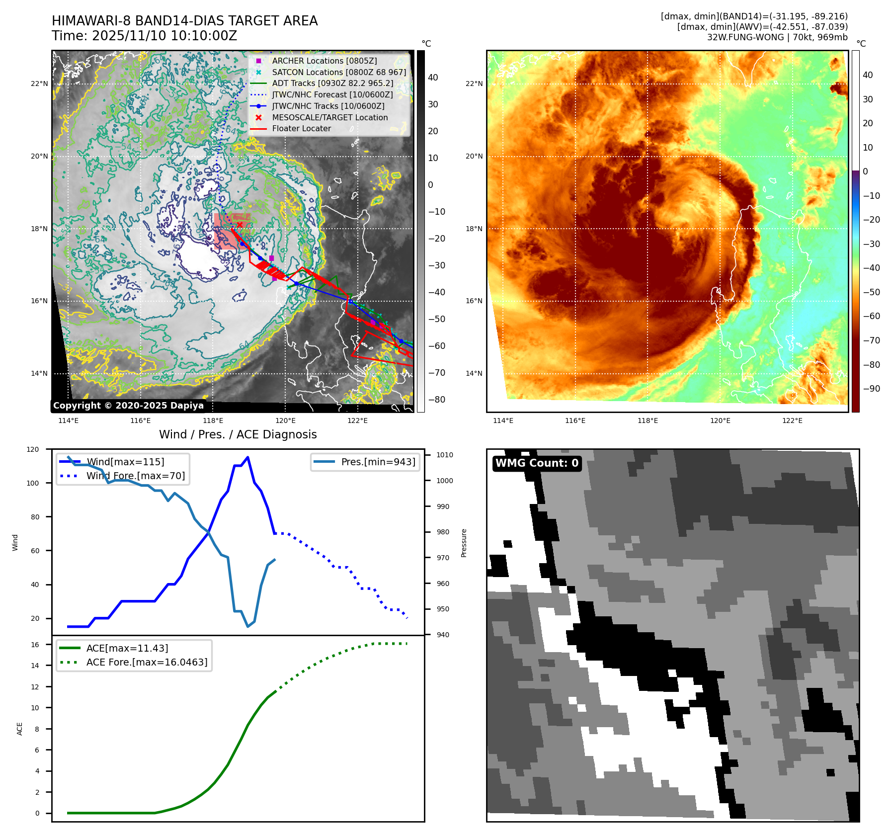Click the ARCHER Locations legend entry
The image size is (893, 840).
(324, 61)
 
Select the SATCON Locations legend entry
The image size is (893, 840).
(338, 72)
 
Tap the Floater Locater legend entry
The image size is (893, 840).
(301, 128)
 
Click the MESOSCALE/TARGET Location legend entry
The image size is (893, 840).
(329, 117)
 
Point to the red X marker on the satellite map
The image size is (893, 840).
(240, 225)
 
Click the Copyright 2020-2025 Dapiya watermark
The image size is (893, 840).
(128, 406)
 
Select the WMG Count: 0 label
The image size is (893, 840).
(537, 463)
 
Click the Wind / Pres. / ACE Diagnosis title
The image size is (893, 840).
(238, 434)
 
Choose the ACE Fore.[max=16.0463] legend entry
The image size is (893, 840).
(147, 662)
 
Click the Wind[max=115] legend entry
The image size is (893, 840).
(125, 462)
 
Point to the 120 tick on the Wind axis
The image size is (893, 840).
(33, 449)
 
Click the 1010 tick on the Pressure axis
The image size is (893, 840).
(445, 455)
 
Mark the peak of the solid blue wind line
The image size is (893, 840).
(247, 457)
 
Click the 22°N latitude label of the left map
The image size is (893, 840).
(39, 84)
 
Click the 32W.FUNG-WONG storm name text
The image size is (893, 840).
(744, 37)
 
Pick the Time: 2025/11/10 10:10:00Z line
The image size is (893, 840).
(144, 36)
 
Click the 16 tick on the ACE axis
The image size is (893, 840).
(35, 645)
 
